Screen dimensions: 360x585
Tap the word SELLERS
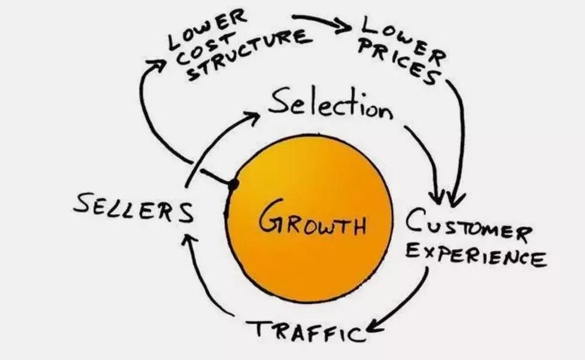tap(133, 210)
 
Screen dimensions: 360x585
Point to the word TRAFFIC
tap(306, 329)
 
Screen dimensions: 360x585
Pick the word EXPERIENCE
tap(476, 255)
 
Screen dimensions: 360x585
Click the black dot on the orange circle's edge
tap(233, 184)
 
